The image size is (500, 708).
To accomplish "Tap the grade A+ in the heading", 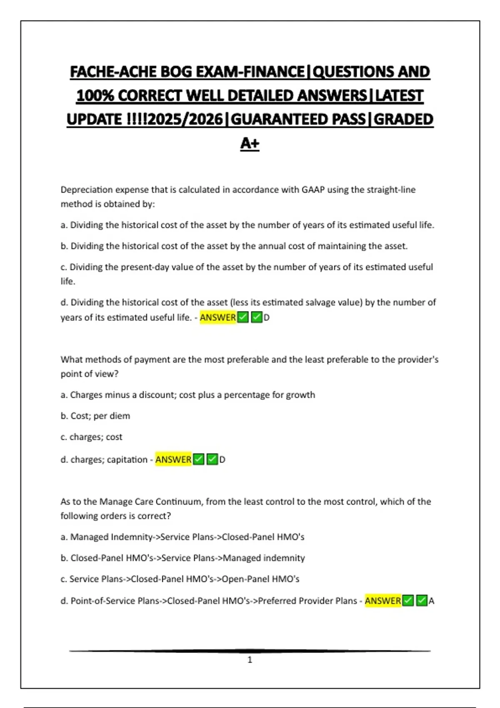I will pos(250,143).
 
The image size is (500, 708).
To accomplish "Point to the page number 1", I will pos(250,660).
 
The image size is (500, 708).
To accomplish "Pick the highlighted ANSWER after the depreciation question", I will pos(218,317).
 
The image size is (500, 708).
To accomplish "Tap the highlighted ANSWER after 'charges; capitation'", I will pos(173,459).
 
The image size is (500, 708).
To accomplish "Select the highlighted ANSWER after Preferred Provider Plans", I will pos(383,601).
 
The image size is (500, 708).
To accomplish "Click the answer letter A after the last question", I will pos(431,601).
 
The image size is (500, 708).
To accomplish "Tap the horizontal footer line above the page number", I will pos(250,651).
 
